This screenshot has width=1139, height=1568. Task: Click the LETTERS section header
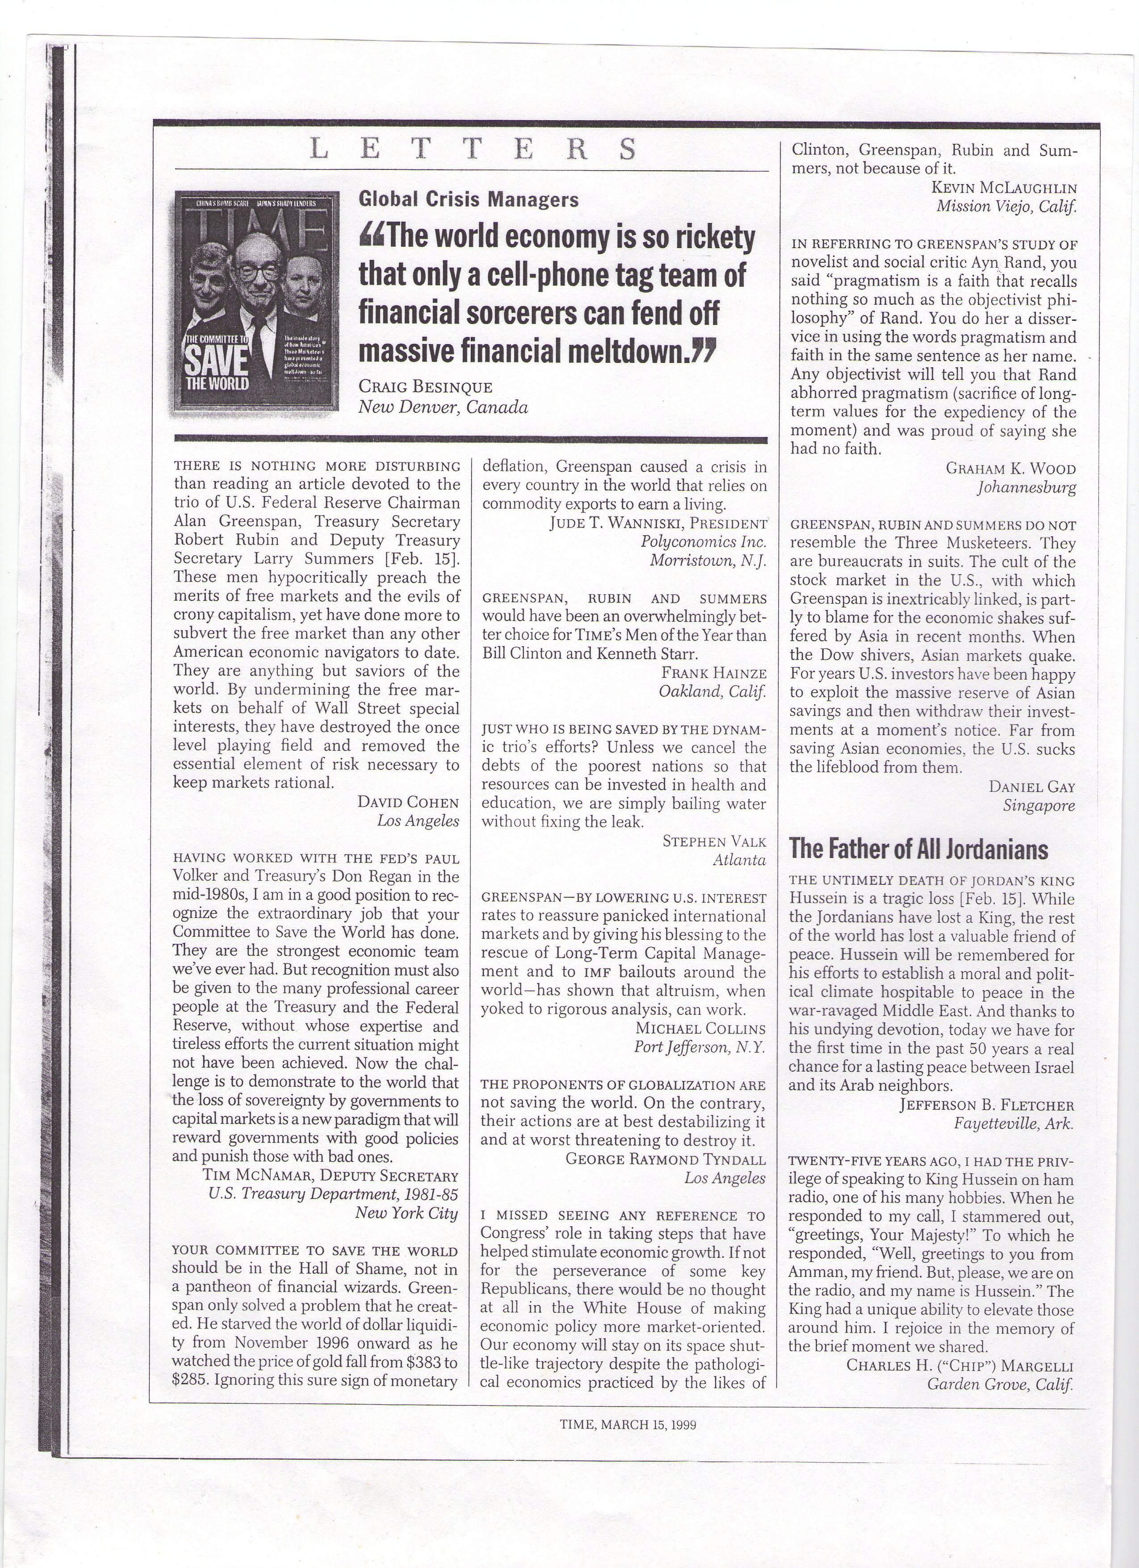472,149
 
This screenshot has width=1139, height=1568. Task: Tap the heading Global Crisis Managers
468,199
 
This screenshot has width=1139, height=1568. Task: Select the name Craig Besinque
425,387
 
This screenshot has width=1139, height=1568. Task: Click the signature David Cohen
408,802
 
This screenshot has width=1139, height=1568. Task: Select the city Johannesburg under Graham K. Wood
1026,488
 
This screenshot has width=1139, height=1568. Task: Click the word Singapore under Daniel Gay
1039,805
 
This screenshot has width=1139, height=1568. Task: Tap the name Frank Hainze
714,673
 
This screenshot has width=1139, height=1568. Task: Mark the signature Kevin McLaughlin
1004,187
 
